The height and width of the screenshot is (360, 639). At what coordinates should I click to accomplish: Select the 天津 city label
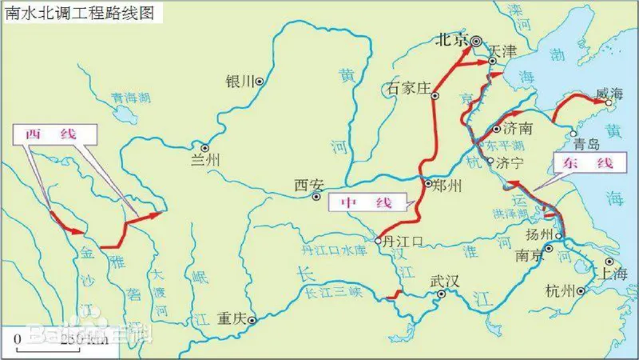[x=503, y=50]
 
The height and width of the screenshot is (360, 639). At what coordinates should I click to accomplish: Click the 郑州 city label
[x=447, y=186]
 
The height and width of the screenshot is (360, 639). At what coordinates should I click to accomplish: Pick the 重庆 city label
[x=232, y=318]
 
